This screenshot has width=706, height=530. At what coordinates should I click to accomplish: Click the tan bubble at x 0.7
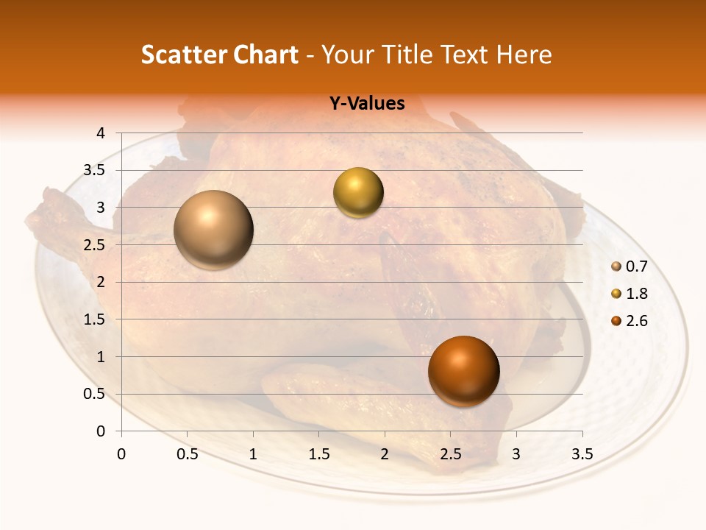pyautogui.click(x=213, y=230)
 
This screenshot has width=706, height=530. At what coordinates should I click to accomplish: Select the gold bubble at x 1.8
pyautogui.click(x=358, y=193)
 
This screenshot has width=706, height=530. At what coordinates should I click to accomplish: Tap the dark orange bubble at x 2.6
pyautogui.click(x=463, y=371)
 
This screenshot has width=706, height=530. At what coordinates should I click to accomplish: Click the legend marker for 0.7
pyautogui.click(x=616, y=266)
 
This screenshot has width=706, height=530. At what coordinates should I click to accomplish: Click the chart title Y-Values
pyautogui.click(x=367, y=104)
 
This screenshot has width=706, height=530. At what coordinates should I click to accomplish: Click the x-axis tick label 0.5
pyautogui.click(x=188, y=454)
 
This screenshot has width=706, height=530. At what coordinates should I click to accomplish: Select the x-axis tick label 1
pyautogui.click(x=253, y=454)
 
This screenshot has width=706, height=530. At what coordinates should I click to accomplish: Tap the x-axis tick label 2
pyautogui.click(x=385, y=454)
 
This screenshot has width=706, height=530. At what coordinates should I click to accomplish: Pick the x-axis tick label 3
pyautogui.click(x=516, y=454)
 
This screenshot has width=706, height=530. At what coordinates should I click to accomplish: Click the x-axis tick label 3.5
pyautogui.click(x=582, y=454)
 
